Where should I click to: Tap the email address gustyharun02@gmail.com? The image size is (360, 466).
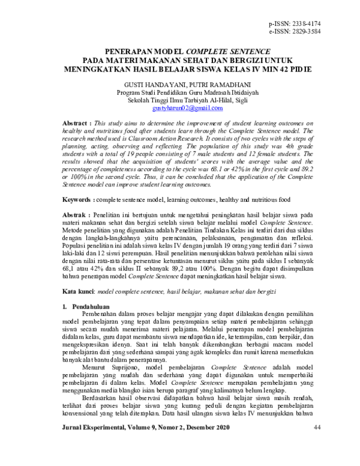tap(179, 108)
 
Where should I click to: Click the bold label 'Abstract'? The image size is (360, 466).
tap(77, 123)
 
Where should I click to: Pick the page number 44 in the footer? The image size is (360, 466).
tap(317, 444)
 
